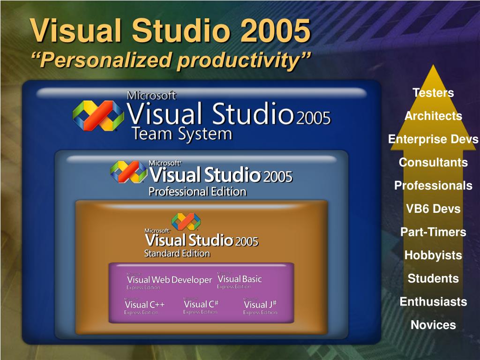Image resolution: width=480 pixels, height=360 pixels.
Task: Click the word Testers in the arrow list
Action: pos(433,93)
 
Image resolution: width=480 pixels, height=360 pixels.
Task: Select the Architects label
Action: pos(433,116)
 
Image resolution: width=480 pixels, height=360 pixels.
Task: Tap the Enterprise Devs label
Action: pos(433,139)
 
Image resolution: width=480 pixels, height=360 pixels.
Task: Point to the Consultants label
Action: pos(433,163)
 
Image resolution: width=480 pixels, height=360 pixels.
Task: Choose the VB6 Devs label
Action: pos(433,209)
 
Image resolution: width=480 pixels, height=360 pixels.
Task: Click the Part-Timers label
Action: pos(433,232)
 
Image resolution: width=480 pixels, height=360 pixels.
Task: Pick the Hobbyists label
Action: pos(433,255)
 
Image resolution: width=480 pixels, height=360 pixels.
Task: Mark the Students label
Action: pos(433,278)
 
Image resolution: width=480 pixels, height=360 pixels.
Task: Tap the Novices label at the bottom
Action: pos(433,325)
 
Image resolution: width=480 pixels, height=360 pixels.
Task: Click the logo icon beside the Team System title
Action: pos(98,115)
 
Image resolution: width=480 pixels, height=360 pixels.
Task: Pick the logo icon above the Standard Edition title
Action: pos(186,222)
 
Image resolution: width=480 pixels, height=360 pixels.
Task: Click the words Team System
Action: pos(182,134)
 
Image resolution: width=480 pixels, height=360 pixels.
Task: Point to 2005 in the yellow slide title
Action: pos(276,30)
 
